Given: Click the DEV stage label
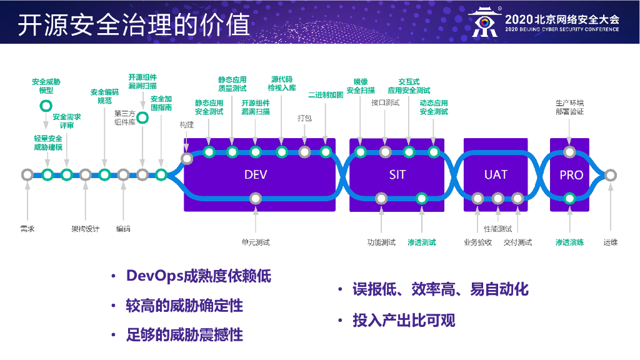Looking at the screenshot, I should click(x=256, y=175).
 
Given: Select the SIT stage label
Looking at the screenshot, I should click(x=397, y=175).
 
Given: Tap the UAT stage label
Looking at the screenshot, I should click(x=496, y=175).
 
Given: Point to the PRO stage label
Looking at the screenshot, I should click(x=571, y=175).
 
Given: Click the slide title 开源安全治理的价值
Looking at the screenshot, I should click(x=134, y=25).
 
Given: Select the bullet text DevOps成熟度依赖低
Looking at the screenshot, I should click(x=199, y=276).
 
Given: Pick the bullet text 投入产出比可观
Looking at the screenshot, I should click(x=404, y=321).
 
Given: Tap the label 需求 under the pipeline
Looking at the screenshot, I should click(x=27, y=229).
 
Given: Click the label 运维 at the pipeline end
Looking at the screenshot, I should click(x=611, y=242).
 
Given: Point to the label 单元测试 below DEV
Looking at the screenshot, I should click(x=256, y=242).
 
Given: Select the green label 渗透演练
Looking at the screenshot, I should click(x=569, y=242).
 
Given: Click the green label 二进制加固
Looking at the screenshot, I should click(x=326, y=96).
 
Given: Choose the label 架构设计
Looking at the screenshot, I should click(x=85, y=229).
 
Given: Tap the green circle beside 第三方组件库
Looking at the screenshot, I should click(x=142, y=116).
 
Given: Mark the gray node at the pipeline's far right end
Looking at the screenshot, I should click(x=611, y=175).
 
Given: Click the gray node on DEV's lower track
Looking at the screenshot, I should click(x=255, y=199).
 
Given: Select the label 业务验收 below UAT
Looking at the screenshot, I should click(x=477, y=242).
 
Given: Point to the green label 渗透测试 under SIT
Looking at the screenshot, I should click(x=422, y=242).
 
